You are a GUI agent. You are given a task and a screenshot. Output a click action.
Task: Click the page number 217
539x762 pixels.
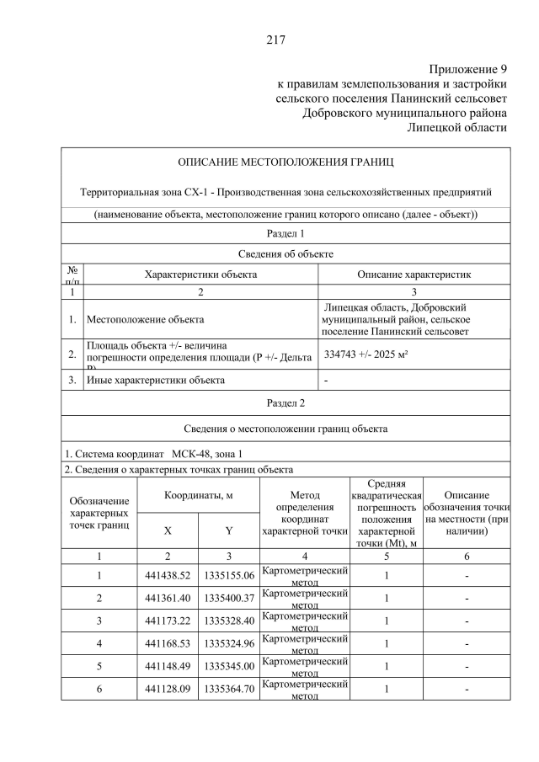tap(276, 40)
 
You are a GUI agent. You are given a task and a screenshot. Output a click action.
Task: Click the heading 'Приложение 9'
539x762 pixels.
tap(467, 68)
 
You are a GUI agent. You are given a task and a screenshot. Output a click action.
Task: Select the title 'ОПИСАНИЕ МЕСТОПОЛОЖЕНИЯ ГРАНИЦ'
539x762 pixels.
tap(286, 162)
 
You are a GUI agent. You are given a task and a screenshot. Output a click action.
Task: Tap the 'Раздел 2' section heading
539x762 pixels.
tap(286, 403)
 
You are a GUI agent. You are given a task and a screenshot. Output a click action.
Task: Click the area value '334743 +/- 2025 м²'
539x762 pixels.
tap(366, 355)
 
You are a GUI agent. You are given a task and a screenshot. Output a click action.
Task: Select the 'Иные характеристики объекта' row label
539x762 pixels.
tap(156, 380)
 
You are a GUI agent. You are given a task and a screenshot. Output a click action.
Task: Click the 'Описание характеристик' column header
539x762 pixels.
tap(414, 274)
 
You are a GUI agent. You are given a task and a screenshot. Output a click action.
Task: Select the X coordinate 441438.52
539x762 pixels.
tap(168, 575)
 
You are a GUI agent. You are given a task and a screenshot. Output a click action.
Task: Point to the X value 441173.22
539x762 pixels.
tap(168, 621)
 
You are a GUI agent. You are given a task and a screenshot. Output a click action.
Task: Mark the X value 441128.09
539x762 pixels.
tap(168, 689)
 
